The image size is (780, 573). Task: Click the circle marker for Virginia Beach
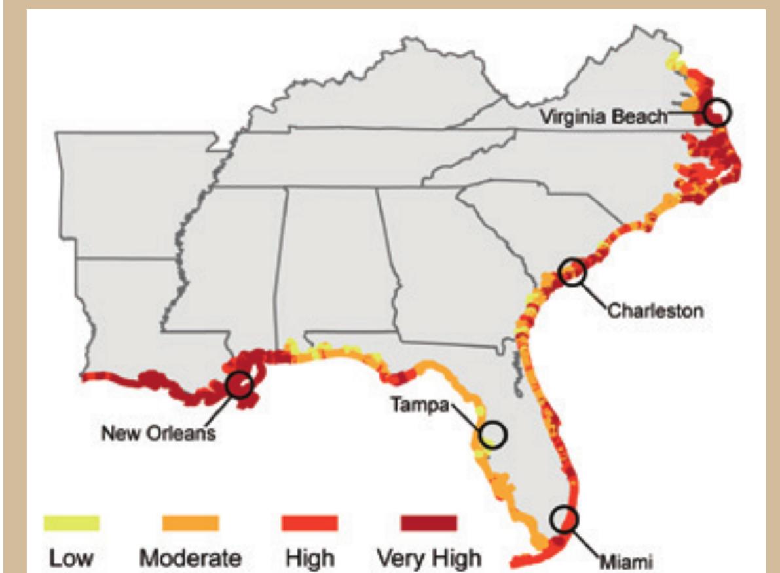[x=718, y=112]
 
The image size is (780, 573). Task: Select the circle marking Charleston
[x=572, y=271]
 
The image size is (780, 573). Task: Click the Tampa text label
[x=420, y=406]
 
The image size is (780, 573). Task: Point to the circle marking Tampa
[x=493, y=434]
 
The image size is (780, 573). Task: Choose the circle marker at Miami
[x=564, y=519]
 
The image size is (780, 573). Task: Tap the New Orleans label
[x=158, y=432]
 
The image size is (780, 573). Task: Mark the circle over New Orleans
[x=238, y=385]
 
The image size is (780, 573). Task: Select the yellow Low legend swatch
[x=71, y=523]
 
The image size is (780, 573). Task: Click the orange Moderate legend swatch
[x=190, y=523]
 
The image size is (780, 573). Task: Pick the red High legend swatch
[x=309, y=523]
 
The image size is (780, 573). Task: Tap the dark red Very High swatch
[x=428, y=523]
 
